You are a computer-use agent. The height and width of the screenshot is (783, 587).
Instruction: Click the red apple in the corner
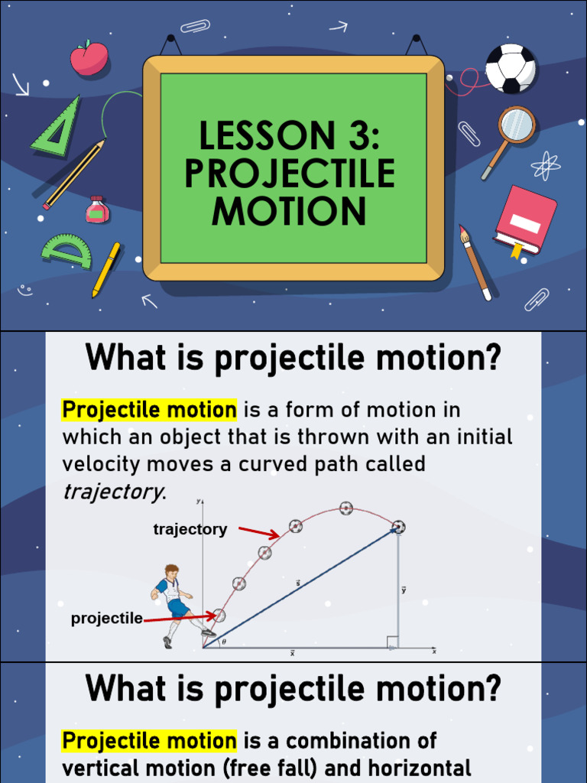click(89, 59)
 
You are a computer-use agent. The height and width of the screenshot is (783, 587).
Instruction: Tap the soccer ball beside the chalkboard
click(510, 68)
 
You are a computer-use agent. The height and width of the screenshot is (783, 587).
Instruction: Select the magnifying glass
click(514, 128)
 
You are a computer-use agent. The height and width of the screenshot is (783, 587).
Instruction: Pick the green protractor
click(66, 251)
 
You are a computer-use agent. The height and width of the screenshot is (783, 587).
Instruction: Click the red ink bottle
click(97, 210)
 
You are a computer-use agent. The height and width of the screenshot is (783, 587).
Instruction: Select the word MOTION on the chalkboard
click(290, 210)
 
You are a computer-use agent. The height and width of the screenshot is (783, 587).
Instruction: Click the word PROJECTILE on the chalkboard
click(290, 174)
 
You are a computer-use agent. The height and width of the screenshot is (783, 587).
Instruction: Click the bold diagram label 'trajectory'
click(190, 529)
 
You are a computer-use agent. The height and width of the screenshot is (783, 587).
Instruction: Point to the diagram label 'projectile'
click(106, 619)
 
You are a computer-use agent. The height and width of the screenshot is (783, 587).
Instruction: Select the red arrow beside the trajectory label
click(259, 531)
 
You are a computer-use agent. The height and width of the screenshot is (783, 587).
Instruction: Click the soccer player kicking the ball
click(174, 603)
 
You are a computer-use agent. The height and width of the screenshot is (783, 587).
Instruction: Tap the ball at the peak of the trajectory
click(346, 508)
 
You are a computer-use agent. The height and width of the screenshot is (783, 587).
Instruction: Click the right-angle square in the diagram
click(391, 642)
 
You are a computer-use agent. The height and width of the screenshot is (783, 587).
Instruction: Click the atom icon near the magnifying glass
click(545, 165)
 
